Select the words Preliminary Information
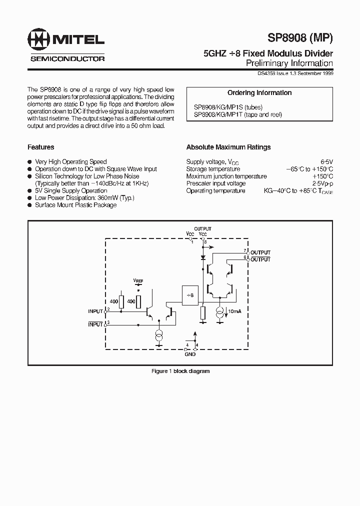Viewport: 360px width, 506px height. coord(289,63)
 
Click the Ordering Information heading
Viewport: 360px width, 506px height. coord(259,93)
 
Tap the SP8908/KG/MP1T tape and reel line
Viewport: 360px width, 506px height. coord(238,114)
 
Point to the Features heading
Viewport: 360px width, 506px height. coord(41,147)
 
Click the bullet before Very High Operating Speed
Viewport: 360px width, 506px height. coord(30,162)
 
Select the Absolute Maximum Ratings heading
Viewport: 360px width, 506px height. coord(228,147)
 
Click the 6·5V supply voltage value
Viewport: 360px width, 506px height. coord(326,162)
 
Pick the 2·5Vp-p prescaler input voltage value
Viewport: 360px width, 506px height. coord(322,183)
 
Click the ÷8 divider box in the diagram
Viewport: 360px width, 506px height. coord(189,295)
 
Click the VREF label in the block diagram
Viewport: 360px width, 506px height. coord(138,281)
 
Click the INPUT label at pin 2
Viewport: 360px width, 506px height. coord(95,311)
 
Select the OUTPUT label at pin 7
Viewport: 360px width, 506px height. coord(260,252)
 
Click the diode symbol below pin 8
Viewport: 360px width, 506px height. coord(203,258)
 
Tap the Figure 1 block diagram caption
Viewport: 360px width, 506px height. coord(180,371)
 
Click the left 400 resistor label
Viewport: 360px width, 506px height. coord(114,301)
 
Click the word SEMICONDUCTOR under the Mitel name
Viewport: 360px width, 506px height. coord(67,59)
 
